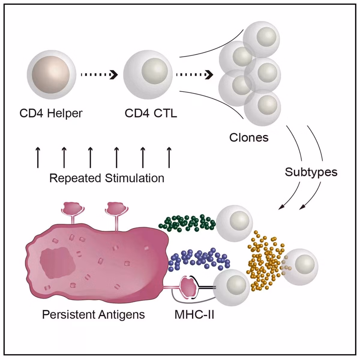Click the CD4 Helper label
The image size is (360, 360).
click(x=51, y=114)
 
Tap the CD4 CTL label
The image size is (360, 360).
click(x=151, y=113)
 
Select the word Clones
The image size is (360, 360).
click(x=249, y=137)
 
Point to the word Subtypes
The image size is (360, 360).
click(x=311, y=172)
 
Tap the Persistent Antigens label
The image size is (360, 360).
click(x=93, y=315)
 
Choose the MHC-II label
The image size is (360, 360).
click(x=194, y=315)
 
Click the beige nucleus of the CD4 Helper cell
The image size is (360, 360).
click(x=51, y=75)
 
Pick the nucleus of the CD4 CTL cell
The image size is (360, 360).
click(x=155, y=71)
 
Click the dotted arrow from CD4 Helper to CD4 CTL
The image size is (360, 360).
click(x=99, y=75)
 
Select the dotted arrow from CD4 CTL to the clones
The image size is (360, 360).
click(x=195, y=75)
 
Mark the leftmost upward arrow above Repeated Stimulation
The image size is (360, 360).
click(x=38, y=157)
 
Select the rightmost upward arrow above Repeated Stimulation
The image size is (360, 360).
click(x=169, y=157)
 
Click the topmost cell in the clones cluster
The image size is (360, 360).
click(x=261, y=39)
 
